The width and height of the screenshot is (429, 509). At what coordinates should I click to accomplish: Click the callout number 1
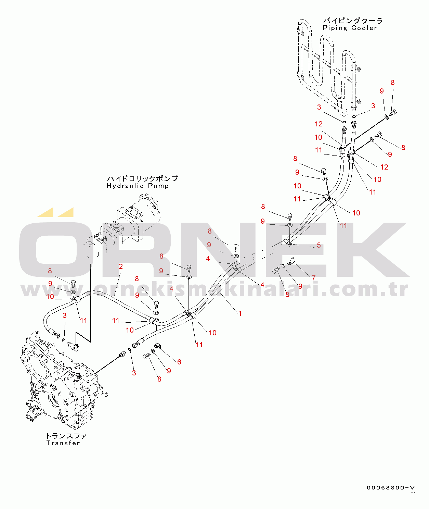(240, 313)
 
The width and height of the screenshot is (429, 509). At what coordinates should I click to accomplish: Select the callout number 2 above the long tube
(121, 266)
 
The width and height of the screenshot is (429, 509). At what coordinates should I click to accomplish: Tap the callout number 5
(318, 245)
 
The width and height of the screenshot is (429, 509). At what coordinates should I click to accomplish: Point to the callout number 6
(179, 362)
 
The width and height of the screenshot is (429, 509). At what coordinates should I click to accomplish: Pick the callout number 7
(313, 278)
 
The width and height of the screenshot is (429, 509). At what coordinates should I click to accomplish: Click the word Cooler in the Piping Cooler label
(364, 28)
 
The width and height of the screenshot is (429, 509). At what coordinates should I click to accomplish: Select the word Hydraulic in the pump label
(125, 186)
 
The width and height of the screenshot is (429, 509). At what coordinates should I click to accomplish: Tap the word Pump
(158, 186)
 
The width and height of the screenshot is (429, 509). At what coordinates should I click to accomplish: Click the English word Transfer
(63, 443)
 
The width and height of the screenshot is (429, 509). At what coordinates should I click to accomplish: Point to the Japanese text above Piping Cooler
(353, 21)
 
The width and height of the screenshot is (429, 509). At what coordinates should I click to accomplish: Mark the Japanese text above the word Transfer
(66, 436)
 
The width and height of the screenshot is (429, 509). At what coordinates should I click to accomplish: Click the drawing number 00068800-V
(391, 488)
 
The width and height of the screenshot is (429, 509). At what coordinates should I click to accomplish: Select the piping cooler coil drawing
(327, 65)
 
